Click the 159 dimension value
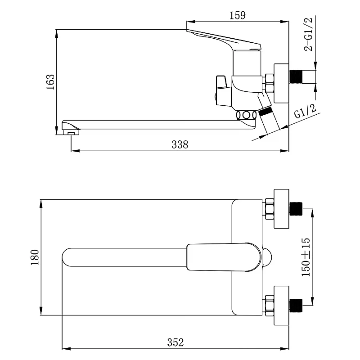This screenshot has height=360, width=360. tap(238, 15)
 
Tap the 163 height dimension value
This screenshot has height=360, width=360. tap(50, 82)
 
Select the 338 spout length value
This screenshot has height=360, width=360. tap(180, 144)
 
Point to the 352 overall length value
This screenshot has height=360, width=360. tap(175, 342)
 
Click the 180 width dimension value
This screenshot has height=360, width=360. tap(35, 257)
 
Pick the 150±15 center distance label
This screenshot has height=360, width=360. tap(306, 257)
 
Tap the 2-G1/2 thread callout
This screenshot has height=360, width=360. tap(308, 34)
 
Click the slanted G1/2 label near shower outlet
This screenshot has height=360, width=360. tap(305, 111)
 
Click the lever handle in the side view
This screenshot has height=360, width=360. tap(224, 40)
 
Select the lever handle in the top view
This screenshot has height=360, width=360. tap(224, 257)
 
